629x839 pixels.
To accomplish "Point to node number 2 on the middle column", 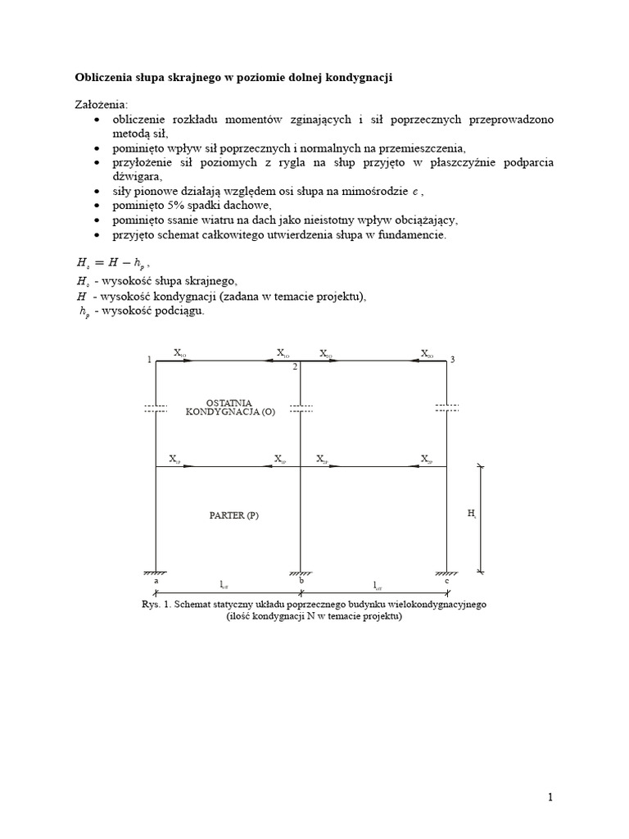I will pos(295,367).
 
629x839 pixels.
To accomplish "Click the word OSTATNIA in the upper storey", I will pos(230,403).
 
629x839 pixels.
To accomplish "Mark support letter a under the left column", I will pos(156,581).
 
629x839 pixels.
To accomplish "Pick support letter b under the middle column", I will pos(302,580).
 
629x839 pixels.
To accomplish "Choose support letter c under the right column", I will pos(447,581).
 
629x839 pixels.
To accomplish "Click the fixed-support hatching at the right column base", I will pos(446,571).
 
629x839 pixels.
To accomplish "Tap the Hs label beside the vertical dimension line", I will pos(472,514).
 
